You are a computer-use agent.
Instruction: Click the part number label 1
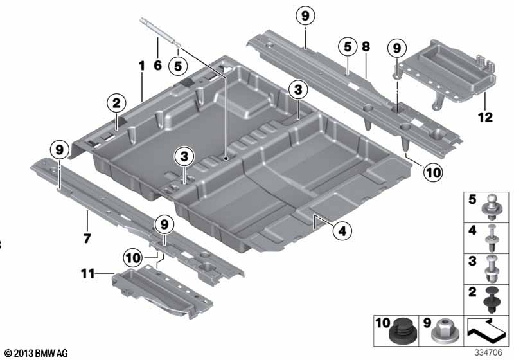[141, 66]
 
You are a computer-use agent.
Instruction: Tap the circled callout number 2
[117, 103]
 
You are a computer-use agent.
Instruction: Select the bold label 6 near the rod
[157, 65]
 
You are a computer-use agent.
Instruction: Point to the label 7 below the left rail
[87, 238]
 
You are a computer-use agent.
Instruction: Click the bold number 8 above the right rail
[366, 46]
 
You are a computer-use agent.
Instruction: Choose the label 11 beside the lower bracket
[88, 273]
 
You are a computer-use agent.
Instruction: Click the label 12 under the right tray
[486, 117]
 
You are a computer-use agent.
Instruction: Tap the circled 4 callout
[342, 231]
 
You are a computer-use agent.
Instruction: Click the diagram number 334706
[488, 353]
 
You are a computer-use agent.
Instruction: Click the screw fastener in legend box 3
[492, 269]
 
